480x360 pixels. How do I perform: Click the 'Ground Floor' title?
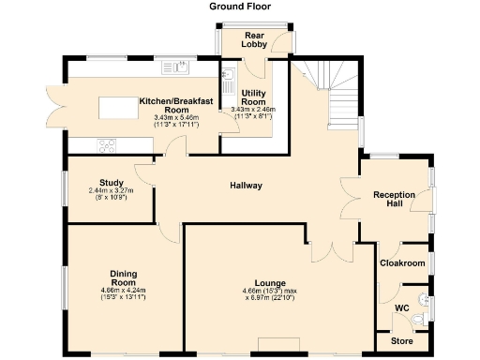(241, 7)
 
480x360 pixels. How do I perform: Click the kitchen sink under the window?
(174, 67)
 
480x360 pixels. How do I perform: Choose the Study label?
(112, 182)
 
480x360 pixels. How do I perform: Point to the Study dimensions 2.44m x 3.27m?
(112, 195)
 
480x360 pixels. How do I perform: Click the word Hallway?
(247, 186)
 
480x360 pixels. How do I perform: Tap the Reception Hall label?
(395, 200)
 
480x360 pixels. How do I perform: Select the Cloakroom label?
(402, 263)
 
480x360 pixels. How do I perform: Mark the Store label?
(401, 340)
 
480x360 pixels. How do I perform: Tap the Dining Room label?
(124, 278)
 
